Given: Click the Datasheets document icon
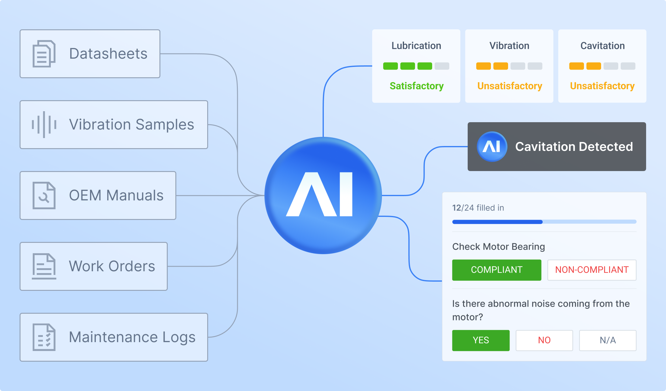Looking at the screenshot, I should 44,54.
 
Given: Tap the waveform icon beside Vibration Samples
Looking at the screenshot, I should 44,125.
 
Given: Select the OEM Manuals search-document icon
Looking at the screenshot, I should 44,195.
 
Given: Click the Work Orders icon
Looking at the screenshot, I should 44,266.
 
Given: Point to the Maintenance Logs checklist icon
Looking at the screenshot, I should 44,337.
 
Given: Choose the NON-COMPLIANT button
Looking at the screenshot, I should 592,270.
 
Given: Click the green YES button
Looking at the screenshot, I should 481,340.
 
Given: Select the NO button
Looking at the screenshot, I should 544,340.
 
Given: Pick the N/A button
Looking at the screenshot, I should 608,340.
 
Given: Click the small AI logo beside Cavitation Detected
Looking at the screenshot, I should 492,147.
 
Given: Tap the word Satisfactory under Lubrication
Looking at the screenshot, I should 417,86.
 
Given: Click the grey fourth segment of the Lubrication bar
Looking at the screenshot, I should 442,66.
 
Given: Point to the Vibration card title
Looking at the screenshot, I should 509,46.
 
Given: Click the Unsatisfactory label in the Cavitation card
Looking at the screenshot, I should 602,86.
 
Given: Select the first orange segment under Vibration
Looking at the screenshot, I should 484,66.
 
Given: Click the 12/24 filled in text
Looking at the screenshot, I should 478,208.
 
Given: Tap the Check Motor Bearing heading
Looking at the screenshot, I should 499,247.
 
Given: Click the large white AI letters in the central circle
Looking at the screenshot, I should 320,195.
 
